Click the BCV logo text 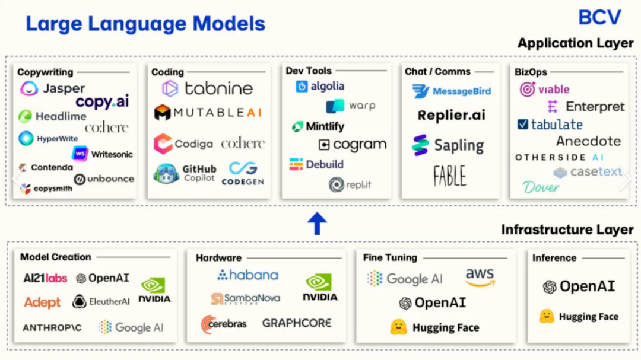click(599, 18)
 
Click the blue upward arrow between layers click(317, 223)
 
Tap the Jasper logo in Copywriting click(52, 88)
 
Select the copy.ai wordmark click(102, 102)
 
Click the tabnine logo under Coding click(207, 88)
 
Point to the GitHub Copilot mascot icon click(166, 173)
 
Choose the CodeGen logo click(243, 173)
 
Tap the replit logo click(350, 184)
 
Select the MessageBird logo click(451, 91)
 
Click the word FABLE click(450, 176)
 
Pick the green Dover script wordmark click(541, 187)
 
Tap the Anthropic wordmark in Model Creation click(52, 328)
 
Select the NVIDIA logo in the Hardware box click(320, 288)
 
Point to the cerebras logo click(224, 324)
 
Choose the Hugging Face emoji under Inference click(547, 316)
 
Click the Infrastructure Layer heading click(567, 230)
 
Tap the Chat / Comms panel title click(437, 72)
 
